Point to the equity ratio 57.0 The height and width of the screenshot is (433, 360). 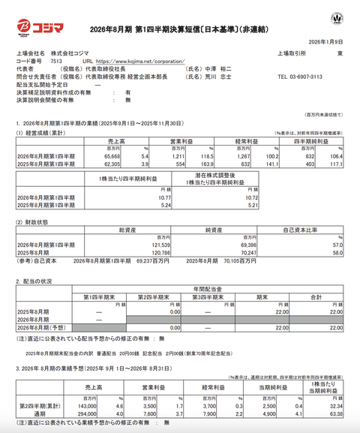pyautogui.click(x=337, y=245)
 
